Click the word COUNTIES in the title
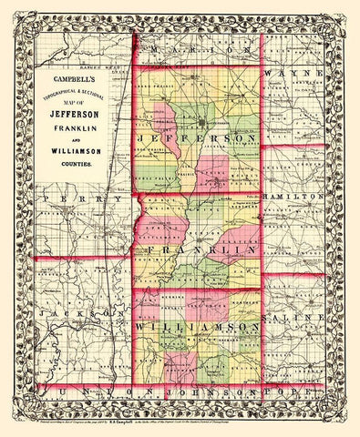(76, 165)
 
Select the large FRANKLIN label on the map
(196, 249)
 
